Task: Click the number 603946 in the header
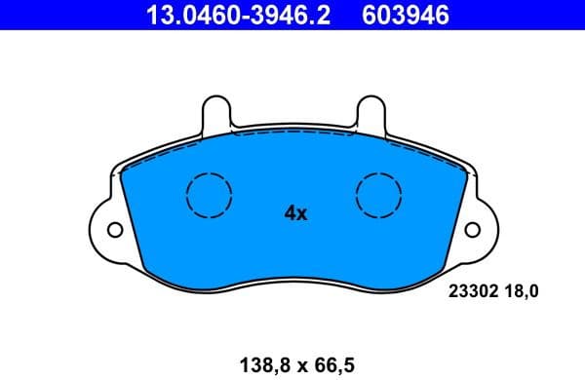pyautogui.click(x=402, y=15)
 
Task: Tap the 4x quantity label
pyautogui.click(x=294, y=212)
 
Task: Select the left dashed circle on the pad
pyautogui.click(x=208, y=194)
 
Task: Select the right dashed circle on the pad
pyautogui.click(x=380, y=194)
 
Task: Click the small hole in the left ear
pyautogui.click(x=115, y=231)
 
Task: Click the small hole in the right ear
pyautogui.click(x=473, y=231)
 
